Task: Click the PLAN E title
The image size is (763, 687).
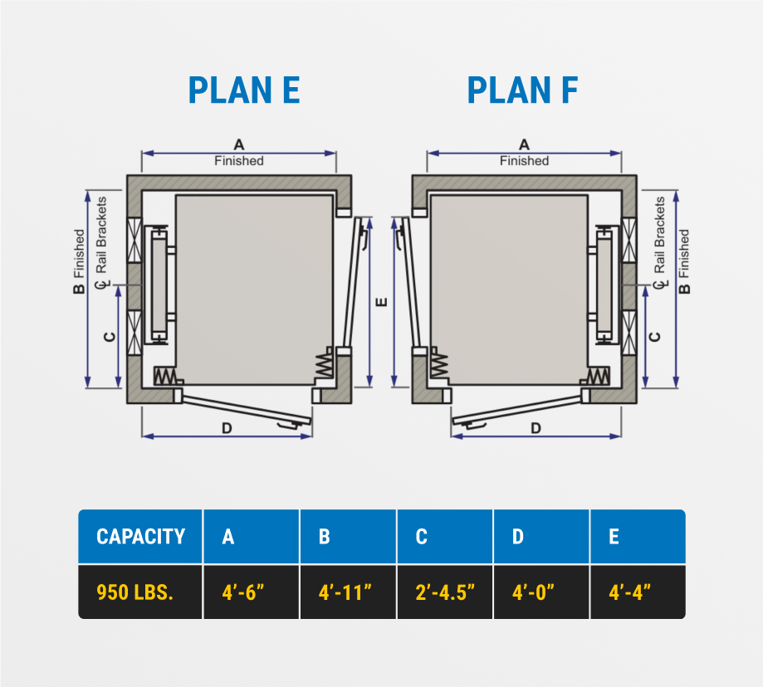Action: [244, 90]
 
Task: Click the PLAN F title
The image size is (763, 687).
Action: [522, 90]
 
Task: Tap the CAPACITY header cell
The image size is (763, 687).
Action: [140, 537]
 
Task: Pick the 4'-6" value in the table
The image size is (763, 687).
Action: [242, 592]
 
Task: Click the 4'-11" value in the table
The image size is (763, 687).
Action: [345, 592]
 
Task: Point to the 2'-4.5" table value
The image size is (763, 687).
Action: [445, 592]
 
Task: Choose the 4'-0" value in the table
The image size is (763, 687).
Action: [533, 592]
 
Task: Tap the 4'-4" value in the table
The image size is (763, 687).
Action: [629, 592]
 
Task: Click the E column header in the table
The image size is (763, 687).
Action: [614, 537]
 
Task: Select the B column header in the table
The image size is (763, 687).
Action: [324, 537]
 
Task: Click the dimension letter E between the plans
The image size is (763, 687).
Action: [383, 302]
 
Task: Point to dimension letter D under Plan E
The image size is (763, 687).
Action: [227, 428]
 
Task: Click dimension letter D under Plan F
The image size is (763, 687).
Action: [536, 428]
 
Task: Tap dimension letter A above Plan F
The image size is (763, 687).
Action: [524, 144]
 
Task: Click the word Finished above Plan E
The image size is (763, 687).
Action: [239, 161]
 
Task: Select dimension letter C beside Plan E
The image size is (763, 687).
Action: [110, 337]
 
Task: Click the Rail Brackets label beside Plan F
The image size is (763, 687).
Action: [660, 235]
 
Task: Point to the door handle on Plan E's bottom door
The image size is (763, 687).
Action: [288, 426]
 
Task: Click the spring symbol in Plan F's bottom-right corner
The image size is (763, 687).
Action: [598, 376]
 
